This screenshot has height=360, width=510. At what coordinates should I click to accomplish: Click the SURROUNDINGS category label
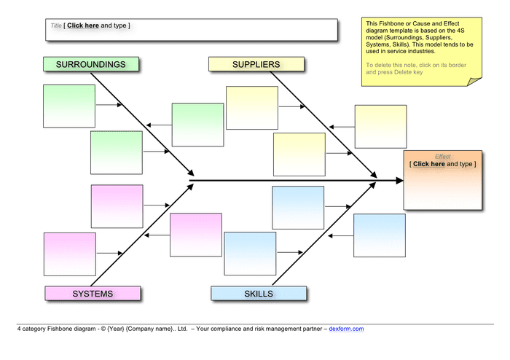tap(90, 64)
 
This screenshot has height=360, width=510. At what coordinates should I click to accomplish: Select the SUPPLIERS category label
tap(256, 64)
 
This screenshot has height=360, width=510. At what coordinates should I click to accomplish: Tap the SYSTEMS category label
tap(92, 294)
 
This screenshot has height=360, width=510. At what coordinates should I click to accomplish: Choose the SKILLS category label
tap(259, 294)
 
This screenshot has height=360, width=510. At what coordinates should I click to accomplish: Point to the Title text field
tap(192, 30)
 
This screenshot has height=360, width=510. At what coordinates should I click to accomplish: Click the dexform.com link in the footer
tap(346, 329)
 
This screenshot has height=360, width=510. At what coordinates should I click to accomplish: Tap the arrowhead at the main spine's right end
tap(397, 179)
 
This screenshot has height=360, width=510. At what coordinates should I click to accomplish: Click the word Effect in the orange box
tap(442, 157)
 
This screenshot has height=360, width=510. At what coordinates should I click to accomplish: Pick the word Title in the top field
tap(56, 26)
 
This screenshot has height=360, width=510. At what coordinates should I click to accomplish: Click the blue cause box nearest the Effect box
tap(379, 235)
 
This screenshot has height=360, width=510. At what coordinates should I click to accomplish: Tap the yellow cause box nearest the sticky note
tap(380, 127)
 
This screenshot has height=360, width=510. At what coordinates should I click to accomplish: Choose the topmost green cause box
tap(69, 106)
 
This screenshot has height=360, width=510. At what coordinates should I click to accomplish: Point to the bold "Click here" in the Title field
tap(83, 26)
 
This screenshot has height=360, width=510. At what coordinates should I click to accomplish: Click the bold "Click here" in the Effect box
tap(428, 165)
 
